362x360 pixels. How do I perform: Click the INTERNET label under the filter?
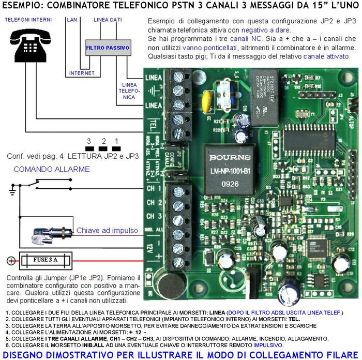pos(82,73)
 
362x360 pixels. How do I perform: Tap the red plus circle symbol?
pos(10,260)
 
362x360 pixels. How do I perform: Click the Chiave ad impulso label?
pos(107,230)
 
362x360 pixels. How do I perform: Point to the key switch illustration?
pos(49,234)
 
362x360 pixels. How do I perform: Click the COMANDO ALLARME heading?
pos(52,169)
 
